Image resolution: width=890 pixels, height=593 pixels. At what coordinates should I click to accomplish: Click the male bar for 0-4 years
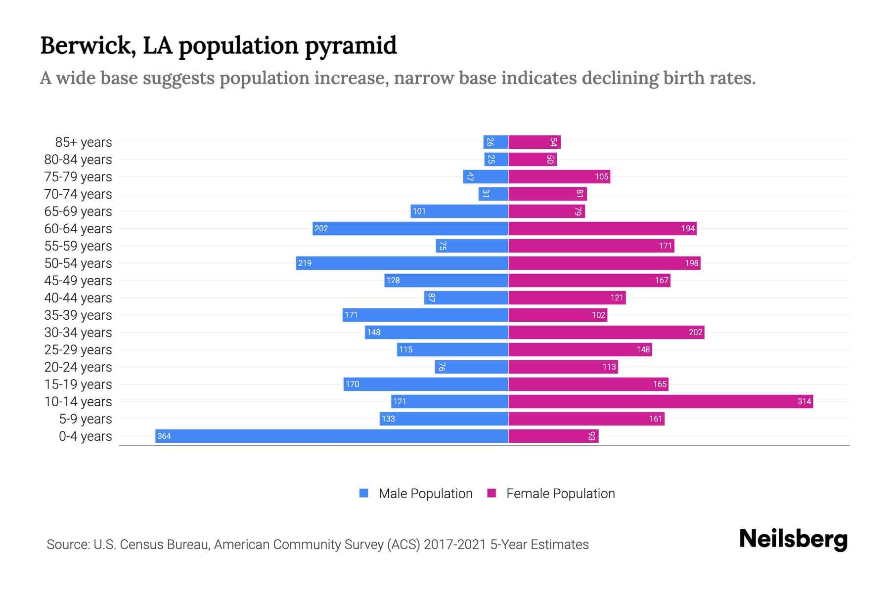[x=331, y=436]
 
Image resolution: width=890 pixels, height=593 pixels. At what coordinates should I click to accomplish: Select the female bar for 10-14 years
[x=661, y=401]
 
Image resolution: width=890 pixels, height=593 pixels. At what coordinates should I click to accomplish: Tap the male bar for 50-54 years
[x=402, y=263]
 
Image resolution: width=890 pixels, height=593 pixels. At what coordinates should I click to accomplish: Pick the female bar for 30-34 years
[x=606, y=332]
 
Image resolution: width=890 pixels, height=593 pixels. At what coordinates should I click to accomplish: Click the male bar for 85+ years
[x=496, y=142]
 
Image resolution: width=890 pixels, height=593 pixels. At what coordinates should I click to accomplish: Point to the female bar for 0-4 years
[x=553, y=436]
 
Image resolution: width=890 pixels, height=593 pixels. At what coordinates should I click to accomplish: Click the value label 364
[x=164, y=436]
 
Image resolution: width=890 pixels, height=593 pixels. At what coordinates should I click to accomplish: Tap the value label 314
[x=804, y=401]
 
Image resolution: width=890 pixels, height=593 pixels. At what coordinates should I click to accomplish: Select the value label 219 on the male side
[x=305, y=263]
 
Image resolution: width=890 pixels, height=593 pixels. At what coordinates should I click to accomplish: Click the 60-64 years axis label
[x=78, y=229]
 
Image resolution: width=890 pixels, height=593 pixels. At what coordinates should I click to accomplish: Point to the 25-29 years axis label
[x=78, y=350]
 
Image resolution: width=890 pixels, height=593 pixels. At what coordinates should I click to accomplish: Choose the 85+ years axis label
[x=84, y=142]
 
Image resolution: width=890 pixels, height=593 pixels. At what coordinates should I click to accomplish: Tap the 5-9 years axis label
[x=86, y=419]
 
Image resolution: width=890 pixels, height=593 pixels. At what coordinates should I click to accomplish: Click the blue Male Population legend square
[x=364, y=493]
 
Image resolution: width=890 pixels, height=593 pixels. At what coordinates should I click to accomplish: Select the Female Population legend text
[x=560, y=493]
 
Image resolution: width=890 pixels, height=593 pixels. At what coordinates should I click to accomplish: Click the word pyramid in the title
[x=351, y=45]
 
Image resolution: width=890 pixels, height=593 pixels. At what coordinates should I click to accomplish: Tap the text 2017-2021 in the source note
[x=455, y=545]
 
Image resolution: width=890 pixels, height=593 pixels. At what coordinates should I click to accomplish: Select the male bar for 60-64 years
[x=410, y=228]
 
